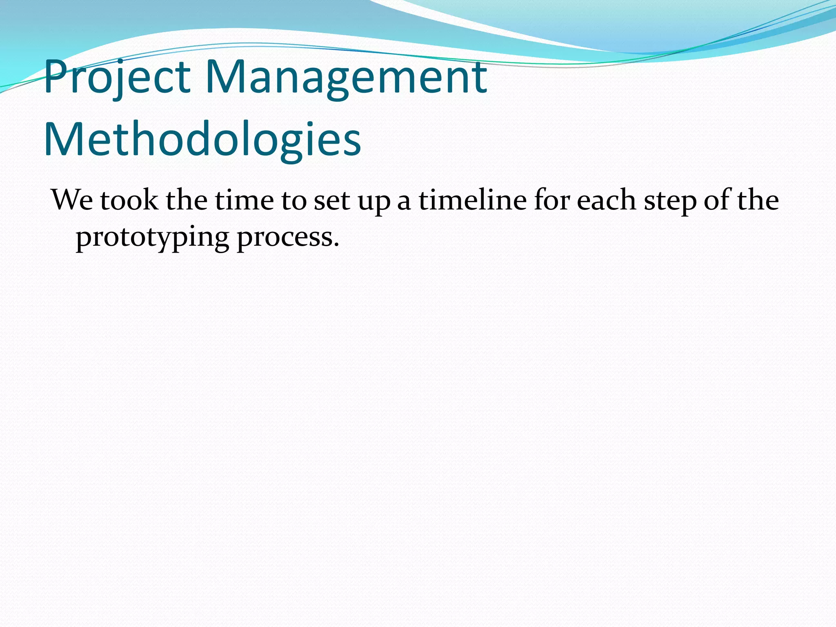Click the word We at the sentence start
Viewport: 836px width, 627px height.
coord(72,200)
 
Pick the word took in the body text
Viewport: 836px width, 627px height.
coord(129,200)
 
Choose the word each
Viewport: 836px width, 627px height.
coord(607,200)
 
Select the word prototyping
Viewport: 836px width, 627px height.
coord(152,238)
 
